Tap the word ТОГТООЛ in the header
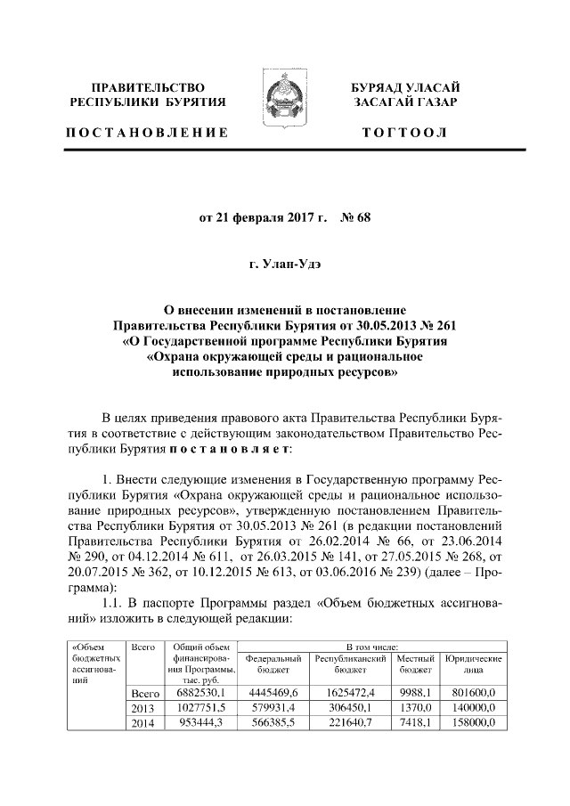click(x=404, y=134)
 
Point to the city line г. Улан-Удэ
click(x=284, y=264)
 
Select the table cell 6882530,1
click(x=201, y=691)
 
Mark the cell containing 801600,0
click(x=475, y=691)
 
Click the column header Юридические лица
click(x=474, y=663)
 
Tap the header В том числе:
click(x=372, y=646)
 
